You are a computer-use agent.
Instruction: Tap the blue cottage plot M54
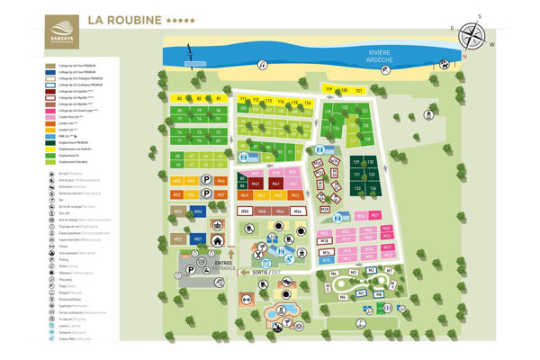pos(197,211)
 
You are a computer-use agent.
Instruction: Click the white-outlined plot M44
pos(298,211)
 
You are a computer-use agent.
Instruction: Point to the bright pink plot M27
pos(375,216)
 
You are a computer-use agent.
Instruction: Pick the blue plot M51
pos(197,239)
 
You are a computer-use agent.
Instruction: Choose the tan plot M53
pos(177,211)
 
